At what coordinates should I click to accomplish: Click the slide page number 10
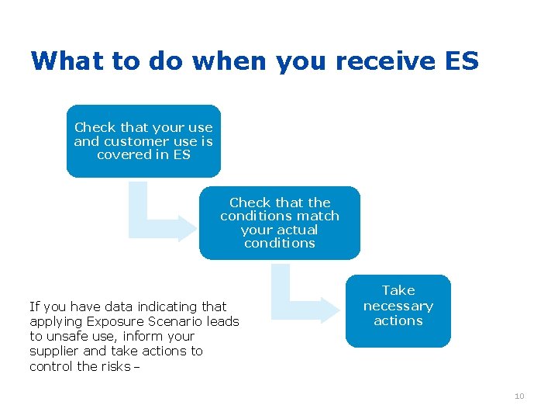tap(519, 396)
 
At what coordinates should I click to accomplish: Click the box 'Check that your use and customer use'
tap(143, 141)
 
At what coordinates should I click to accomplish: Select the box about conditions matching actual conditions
tap(280, 223)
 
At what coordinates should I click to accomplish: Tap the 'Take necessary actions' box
tap(398, 310)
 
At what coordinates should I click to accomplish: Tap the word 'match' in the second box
tap(320, 216)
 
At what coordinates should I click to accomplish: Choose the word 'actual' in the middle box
tap(298, 230)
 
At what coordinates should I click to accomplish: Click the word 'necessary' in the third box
tap(398, 306)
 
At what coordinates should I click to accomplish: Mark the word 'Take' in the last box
tap(398, 290)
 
